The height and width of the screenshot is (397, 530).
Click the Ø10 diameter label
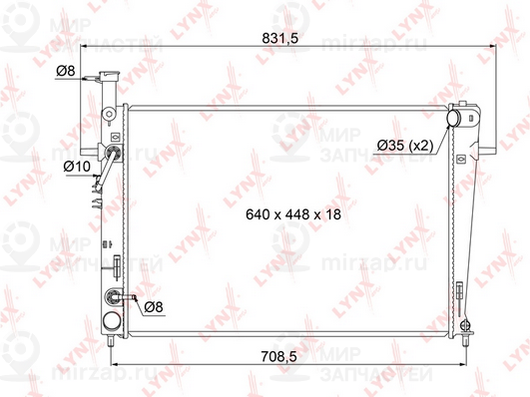click(x=77, y=165)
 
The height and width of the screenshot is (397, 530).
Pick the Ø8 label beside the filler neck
click(x=68, y=71)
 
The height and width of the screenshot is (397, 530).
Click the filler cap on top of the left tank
click(x=112, y=79)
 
